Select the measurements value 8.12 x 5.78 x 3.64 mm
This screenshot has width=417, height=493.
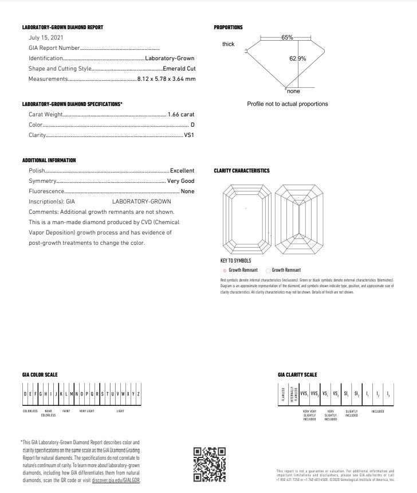(166, 79)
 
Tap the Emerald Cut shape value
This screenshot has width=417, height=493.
(179, 69)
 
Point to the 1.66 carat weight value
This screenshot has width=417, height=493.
(181, 115)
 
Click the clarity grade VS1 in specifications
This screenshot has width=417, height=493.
(189, 135)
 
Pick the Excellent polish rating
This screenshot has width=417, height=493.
(182, 171)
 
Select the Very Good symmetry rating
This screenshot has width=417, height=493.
(180, 181)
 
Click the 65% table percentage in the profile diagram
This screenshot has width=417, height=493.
(287, 37)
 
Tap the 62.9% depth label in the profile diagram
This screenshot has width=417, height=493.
(297, 58)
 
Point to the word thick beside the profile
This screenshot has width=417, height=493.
(229, 44)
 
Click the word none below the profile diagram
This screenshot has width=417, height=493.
(293, 91)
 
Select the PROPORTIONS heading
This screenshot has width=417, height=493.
(228, 28)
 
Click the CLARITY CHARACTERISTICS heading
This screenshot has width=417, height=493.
(241, 171)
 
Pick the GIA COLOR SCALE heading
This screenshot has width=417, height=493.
(40, 375)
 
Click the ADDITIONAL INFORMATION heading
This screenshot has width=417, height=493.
(49, 161)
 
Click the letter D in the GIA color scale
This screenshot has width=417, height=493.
(25, 394)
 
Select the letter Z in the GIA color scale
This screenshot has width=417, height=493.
(139, 394)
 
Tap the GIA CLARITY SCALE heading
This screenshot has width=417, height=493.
(297, 375)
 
